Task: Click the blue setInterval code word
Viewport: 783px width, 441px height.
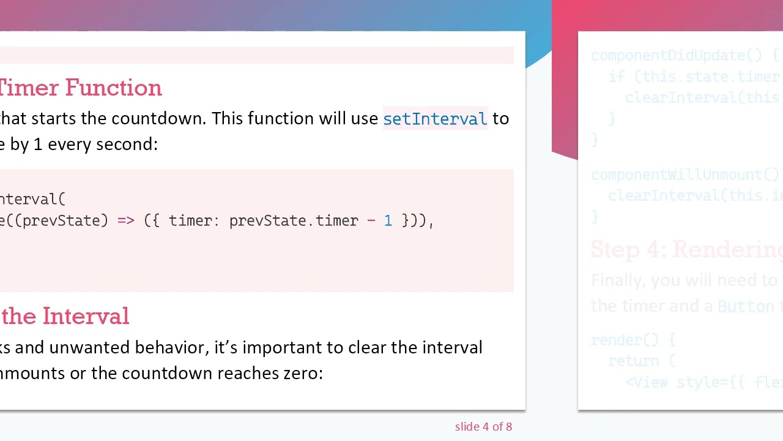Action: (435, 119)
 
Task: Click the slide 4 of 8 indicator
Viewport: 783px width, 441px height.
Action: (483, 427)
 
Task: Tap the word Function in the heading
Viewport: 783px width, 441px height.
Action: (114, 88)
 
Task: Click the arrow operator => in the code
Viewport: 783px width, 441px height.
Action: (125, 221)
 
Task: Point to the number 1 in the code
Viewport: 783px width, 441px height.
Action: (388, 221)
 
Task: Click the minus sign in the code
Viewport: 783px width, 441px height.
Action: (371, 221)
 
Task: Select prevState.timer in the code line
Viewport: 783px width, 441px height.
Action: (294, 221)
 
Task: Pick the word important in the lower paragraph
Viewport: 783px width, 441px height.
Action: (282, 348)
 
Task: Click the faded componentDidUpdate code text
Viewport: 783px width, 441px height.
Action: (676, 56)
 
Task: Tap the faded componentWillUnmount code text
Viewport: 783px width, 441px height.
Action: (684, 175)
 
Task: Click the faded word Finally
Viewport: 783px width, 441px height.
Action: (617, 281)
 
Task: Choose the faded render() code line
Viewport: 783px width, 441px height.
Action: (633, 340)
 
